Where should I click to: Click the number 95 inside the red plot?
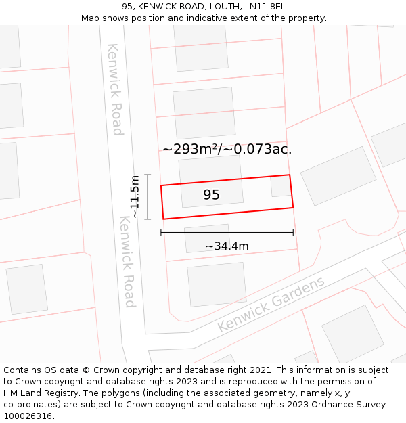point(211,195)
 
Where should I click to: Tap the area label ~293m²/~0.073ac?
point(227,150)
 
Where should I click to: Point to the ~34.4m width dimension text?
point(227,246)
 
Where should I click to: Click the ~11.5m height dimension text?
point(135,196)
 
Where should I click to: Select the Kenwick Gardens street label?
point(271,305)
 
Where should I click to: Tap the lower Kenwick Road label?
point(127,261)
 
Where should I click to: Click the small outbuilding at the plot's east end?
point(280,186)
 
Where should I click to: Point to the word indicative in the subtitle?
point(220,18)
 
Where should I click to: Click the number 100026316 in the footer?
point(27,416)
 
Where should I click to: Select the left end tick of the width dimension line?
point(161,232)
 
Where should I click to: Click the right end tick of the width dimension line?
point(293,232)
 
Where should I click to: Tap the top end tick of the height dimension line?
point(148,175)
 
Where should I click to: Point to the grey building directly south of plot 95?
point(206,238)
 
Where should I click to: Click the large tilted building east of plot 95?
point(338,175)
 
